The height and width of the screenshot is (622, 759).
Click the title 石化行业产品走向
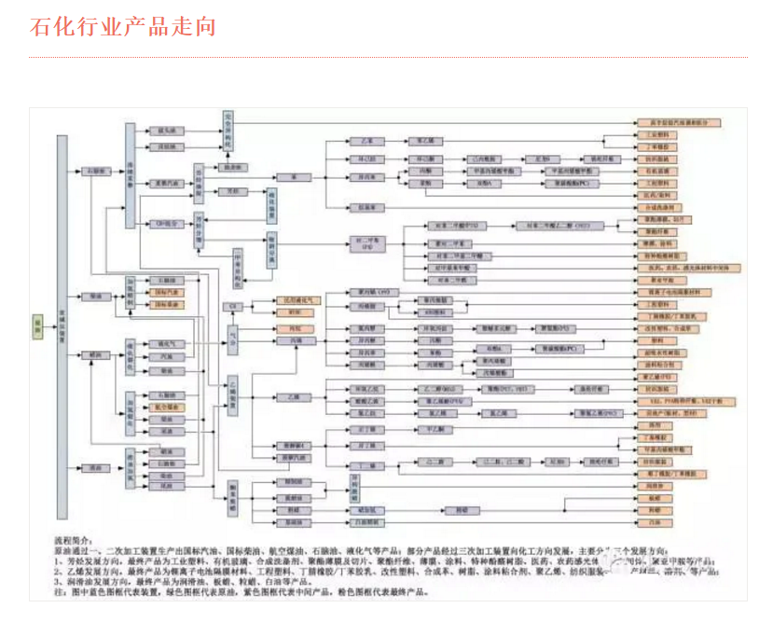pos(123,26)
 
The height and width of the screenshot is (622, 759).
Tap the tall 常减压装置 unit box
pos(62,326)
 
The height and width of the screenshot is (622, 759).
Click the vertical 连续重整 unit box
pos(131,175)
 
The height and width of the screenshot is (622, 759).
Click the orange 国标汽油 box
pos(166,292)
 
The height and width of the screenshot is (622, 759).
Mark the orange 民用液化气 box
pos(299,300)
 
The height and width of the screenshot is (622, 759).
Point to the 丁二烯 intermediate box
pos(366,464)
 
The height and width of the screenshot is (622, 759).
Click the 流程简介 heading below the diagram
pos(76,539)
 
